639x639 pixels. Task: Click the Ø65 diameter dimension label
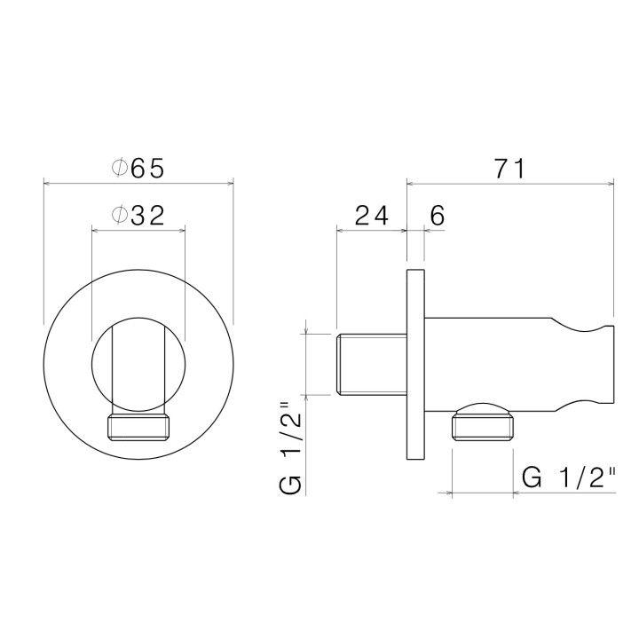[138, 168]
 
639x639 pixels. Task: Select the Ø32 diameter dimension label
[138, 215]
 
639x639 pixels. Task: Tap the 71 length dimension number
[510, 169]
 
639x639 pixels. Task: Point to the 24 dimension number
[371, 216]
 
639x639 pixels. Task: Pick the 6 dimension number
[438, 216]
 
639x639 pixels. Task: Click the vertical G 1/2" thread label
[289, 448]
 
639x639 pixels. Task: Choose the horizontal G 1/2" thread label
[569, 477]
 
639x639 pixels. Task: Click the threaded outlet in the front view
[138, 428]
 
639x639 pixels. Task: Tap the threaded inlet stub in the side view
[371, 365]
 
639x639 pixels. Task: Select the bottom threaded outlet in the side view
[483, 428]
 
